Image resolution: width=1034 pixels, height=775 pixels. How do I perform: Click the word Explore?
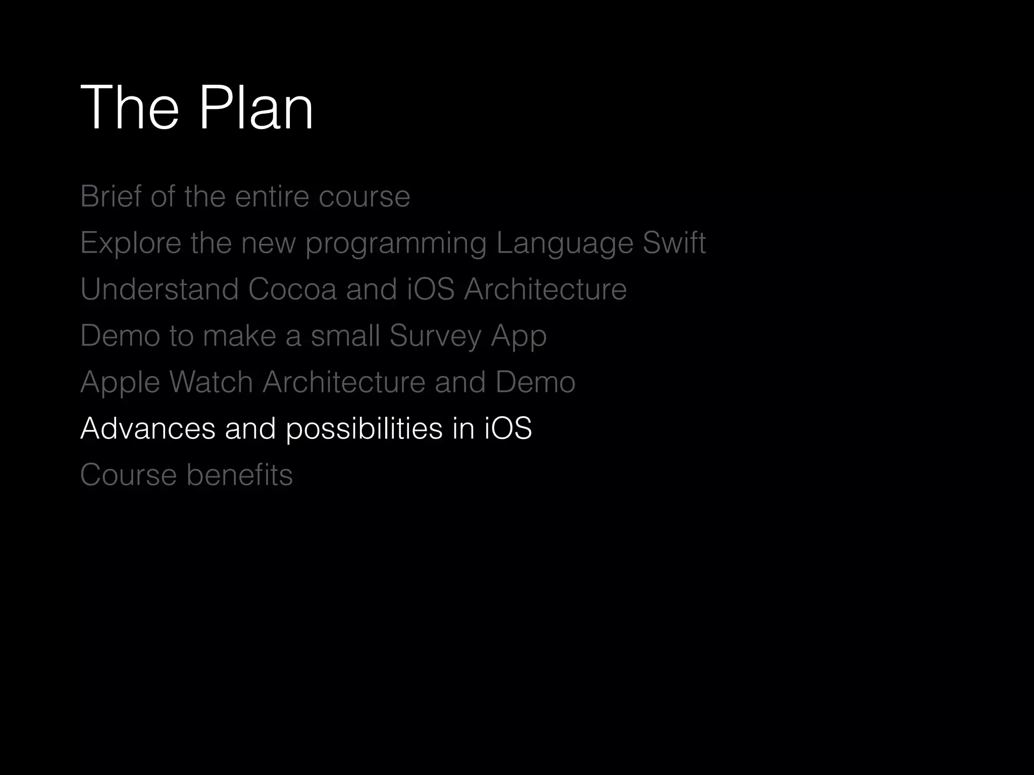point(131,243)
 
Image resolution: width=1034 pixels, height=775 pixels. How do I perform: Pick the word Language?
point(564,244)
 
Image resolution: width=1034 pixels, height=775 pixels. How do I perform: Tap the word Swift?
point(674,243)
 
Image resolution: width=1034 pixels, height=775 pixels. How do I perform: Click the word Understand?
point(159,289)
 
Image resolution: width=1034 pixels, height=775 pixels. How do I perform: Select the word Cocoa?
point(292,289)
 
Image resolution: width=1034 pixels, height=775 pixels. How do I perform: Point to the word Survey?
point(436,336)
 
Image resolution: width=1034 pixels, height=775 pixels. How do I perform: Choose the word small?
point(345,336)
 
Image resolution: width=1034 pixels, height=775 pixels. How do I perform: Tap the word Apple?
point(121,382)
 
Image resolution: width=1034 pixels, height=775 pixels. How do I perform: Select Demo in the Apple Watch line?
point(535,382)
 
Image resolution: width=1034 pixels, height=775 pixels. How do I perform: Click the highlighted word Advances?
point(147,428)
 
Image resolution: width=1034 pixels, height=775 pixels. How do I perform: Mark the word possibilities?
point(364,429)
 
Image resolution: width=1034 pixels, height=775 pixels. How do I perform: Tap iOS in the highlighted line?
point(508,428)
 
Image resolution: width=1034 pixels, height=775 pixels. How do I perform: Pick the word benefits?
point(239,475)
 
